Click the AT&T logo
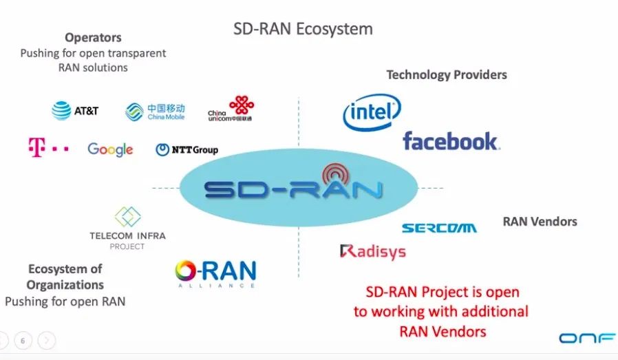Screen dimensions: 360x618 tap(76, 110)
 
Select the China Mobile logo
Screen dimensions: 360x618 tap(155, 112)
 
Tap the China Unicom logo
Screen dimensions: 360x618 tap(231, 109)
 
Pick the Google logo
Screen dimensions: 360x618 tap(110, 149)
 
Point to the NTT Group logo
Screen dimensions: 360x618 tap(187, 149)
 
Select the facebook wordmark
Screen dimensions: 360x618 tap(451, 142)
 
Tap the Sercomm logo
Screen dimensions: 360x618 tap(439, 228)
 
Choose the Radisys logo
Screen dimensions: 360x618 tap(372, 251)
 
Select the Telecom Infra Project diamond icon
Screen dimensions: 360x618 tap(127, 217)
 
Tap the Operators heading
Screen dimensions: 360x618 tap(93, 38)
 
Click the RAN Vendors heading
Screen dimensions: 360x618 tap(540, 222)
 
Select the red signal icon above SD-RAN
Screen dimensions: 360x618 tap(335, 172)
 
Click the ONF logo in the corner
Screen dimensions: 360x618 tap(582, 338)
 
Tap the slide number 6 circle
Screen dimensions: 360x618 tap(23, 340)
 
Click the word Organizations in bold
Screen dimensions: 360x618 tap(65, 284)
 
